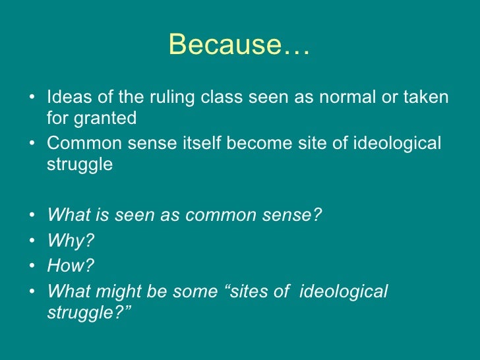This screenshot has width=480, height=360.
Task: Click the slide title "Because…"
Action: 239,45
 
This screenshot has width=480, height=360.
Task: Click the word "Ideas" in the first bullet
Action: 66,98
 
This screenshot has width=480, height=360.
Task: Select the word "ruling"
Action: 171,98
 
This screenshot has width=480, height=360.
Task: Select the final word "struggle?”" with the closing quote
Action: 90,312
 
